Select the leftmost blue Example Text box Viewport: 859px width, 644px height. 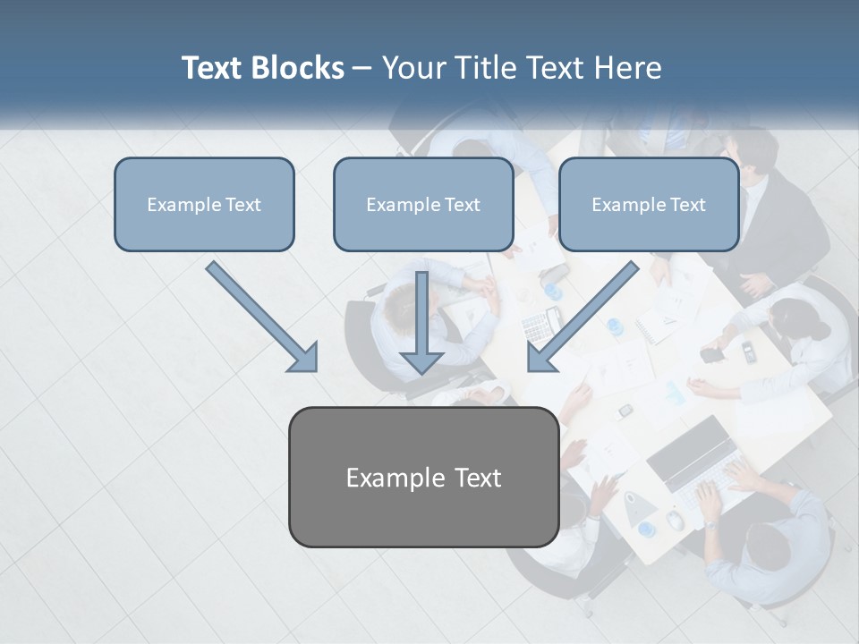click(x=204, y=204)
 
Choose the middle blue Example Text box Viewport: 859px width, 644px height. click(x=423, y=204)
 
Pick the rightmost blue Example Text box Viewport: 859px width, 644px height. click(x=649, y=204)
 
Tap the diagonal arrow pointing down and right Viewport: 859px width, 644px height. click(x=264, y=318)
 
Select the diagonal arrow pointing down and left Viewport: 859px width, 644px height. click(x=582, y=318)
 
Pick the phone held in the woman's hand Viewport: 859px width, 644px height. click(x=711, y=354)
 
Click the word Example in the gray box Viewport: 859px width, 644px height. click(x=383, y=478)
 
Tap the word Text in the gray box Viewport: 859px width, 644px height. click(x=477, y=478)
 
